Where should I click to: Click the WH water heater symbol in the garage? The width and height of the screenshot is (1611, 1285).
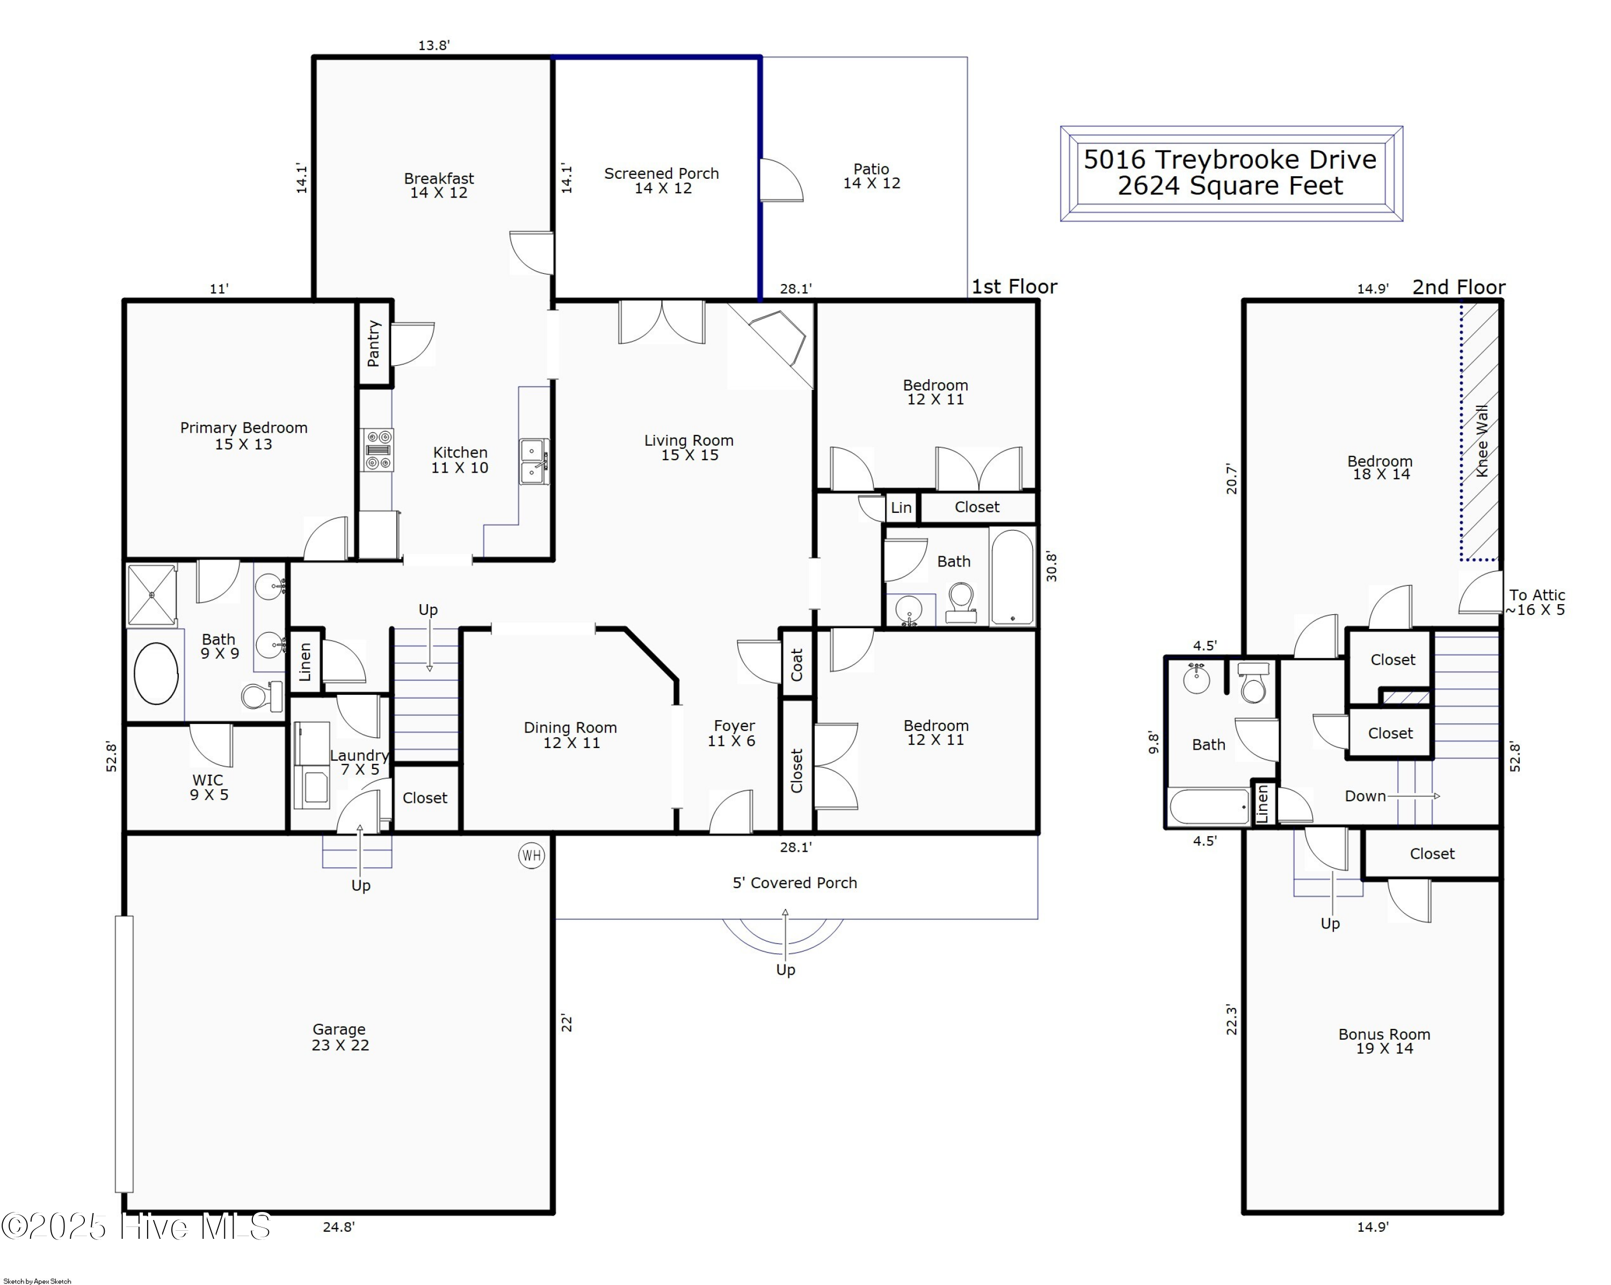click(x=531, y=855)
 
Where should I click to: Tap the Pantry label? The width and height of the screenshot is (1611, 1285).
click(x=374, y=344)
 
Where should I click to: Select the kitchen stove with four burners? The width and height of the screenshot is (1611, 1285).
click(x=378, y=450)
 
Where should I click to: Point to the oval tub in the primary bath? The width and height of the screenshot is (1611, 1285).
click(x=156, y=673)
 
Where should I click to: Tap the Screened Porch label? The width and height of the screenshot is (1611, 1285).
click(x=661, y=174)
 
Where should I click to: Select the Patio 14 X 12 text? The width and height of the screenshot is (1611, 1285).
click(x=871, y=176)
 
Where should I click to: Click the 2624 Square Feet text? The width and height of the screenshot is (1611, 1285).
click(x=1230, y=186)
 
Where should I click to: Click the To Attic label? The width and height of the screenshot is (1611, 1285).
click(x=1536, y=596)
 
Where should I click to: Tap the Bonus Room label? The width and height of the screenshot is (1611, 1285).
click(x=1384, y=1035)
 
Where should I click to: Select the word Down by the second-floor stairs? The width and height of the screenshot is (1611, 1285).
click(x=1365, y=796)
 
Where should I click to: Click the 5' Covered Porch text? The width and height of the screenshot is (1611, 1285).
click(x=794, y=883)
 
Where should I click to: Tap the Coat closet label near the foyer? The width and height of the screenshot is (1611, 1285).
click(x=796, y=664)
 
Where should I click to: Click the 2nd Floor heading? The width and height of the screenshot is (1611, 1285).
click(x=1458, y=288)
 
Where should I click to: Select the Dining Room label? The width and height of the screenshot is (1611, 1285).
click(x=570, y=728)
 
